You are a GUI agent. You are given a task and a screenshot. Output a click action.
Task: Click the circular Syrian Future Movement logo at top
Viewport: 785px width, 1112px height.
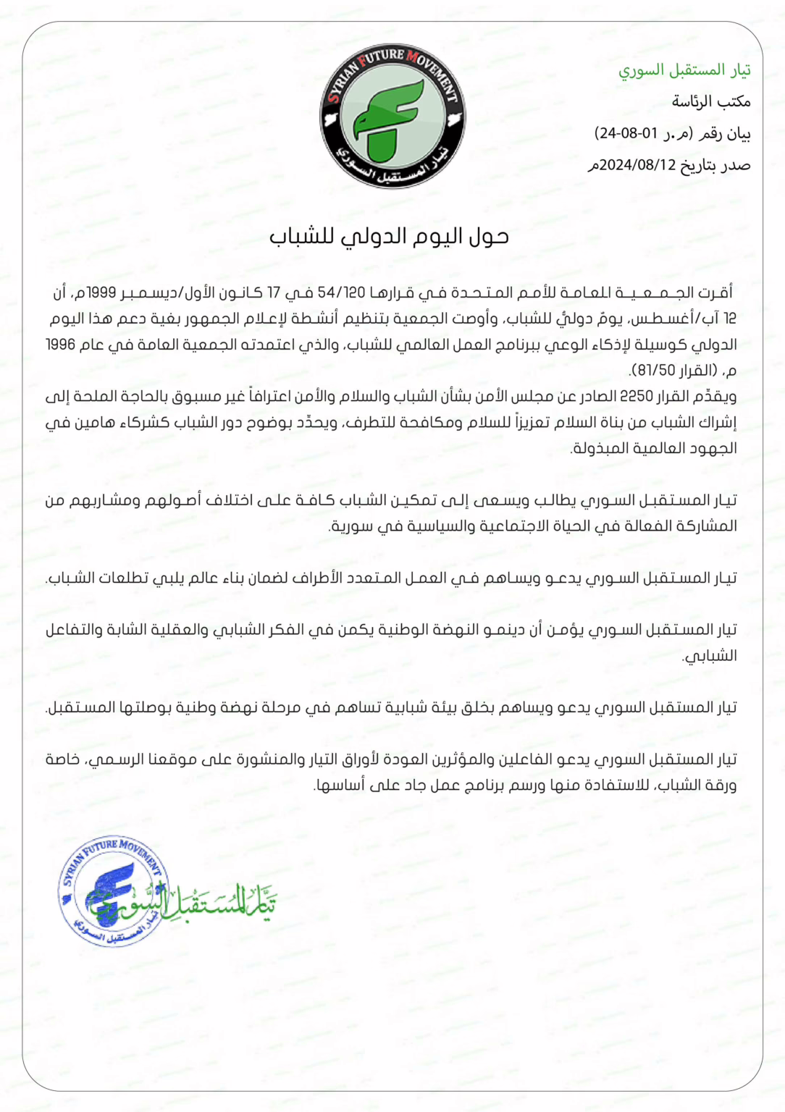point(392,116)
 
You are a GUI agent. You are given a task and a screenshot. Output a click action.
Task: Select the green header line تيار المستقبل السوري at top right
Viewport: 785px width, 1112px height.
point(684,69)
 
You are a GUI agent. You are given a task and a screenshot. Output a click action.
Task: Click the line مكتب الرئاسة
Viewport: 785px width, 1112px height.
point(711,101)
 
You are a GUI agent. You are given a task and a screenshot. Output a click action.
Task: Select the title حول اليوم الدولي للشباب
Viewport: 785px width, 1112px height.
point(390,237)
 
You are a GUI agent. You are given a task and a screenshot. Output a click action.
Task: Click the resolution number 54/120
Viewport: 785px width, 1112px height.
point(341,292)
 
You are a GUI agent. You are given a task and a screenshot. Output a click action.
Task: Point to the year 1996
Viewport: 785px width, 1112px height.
point(61,345)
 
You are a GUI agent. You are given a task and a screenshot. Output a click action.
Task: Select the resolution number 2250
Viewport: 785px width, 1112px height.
point(637,397)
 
